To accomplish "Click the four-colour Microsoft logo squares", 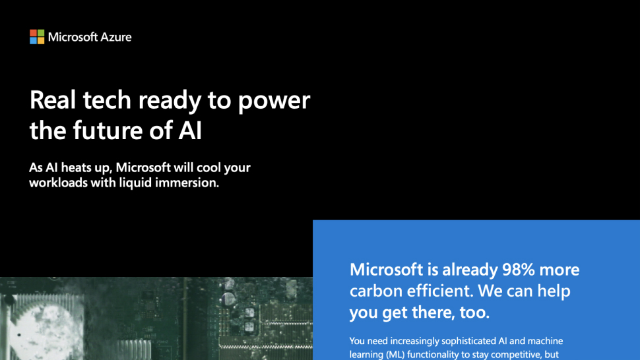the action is [37, 37].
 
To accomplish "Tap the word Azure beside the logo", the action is [116, 37].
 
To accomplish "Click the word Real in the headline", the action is [53, 100].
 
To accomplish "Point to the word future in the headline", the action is [108, 131].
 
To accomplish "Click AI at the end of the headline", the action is [190, 131].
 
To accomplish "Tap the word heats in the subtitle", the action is [77, 167].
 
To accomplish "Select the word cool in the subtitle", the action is [208, 167].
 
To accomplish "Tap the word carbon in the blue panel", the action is [375, 291].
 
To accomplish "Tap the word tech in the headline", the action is [107, 100].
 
